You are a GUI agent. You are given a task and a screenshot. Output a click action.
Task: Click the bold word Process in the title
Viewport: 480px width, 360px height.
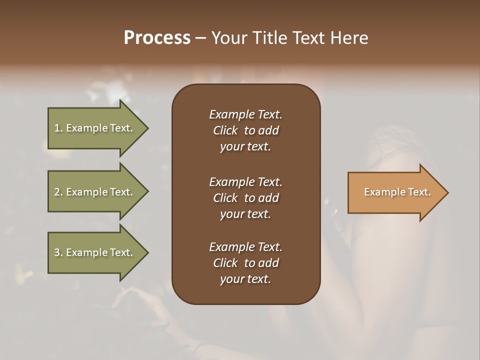pos(157,38)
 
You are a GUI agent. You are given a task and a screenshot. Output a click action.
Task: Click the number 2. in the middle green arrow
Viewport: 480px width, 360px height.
pos(58,192)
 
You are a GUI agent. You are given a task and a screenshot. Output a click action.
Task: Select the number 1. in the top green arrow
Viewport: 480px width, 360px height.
pos(58,128)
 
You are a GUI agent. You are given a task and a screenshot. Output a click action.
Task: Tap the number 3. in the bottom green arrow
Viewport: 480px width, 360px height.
pos(58,252)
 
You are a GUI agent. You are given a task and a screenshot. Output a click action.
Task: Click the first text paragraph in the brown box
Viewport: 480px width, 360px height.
pos(245,130)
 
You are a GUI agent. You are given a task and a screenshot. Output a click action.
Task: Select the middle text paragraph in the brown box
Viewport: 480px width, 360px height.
pos(245,197)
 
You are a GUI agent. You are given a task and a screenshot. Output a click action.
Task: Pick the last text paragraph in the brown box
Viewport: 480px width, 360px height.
pos(245,263)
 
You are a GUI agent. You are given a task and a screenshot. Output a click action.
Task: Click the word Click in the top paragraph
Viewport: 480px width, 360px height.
pos(225,130)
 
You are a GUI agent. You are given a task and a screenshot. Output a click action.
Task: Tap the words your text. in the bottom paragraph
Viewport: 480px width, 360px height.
pos(245,279)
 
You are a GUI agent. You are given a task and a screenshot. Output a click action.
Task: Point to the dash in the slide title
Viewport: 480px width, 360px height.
pos(200,38)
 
